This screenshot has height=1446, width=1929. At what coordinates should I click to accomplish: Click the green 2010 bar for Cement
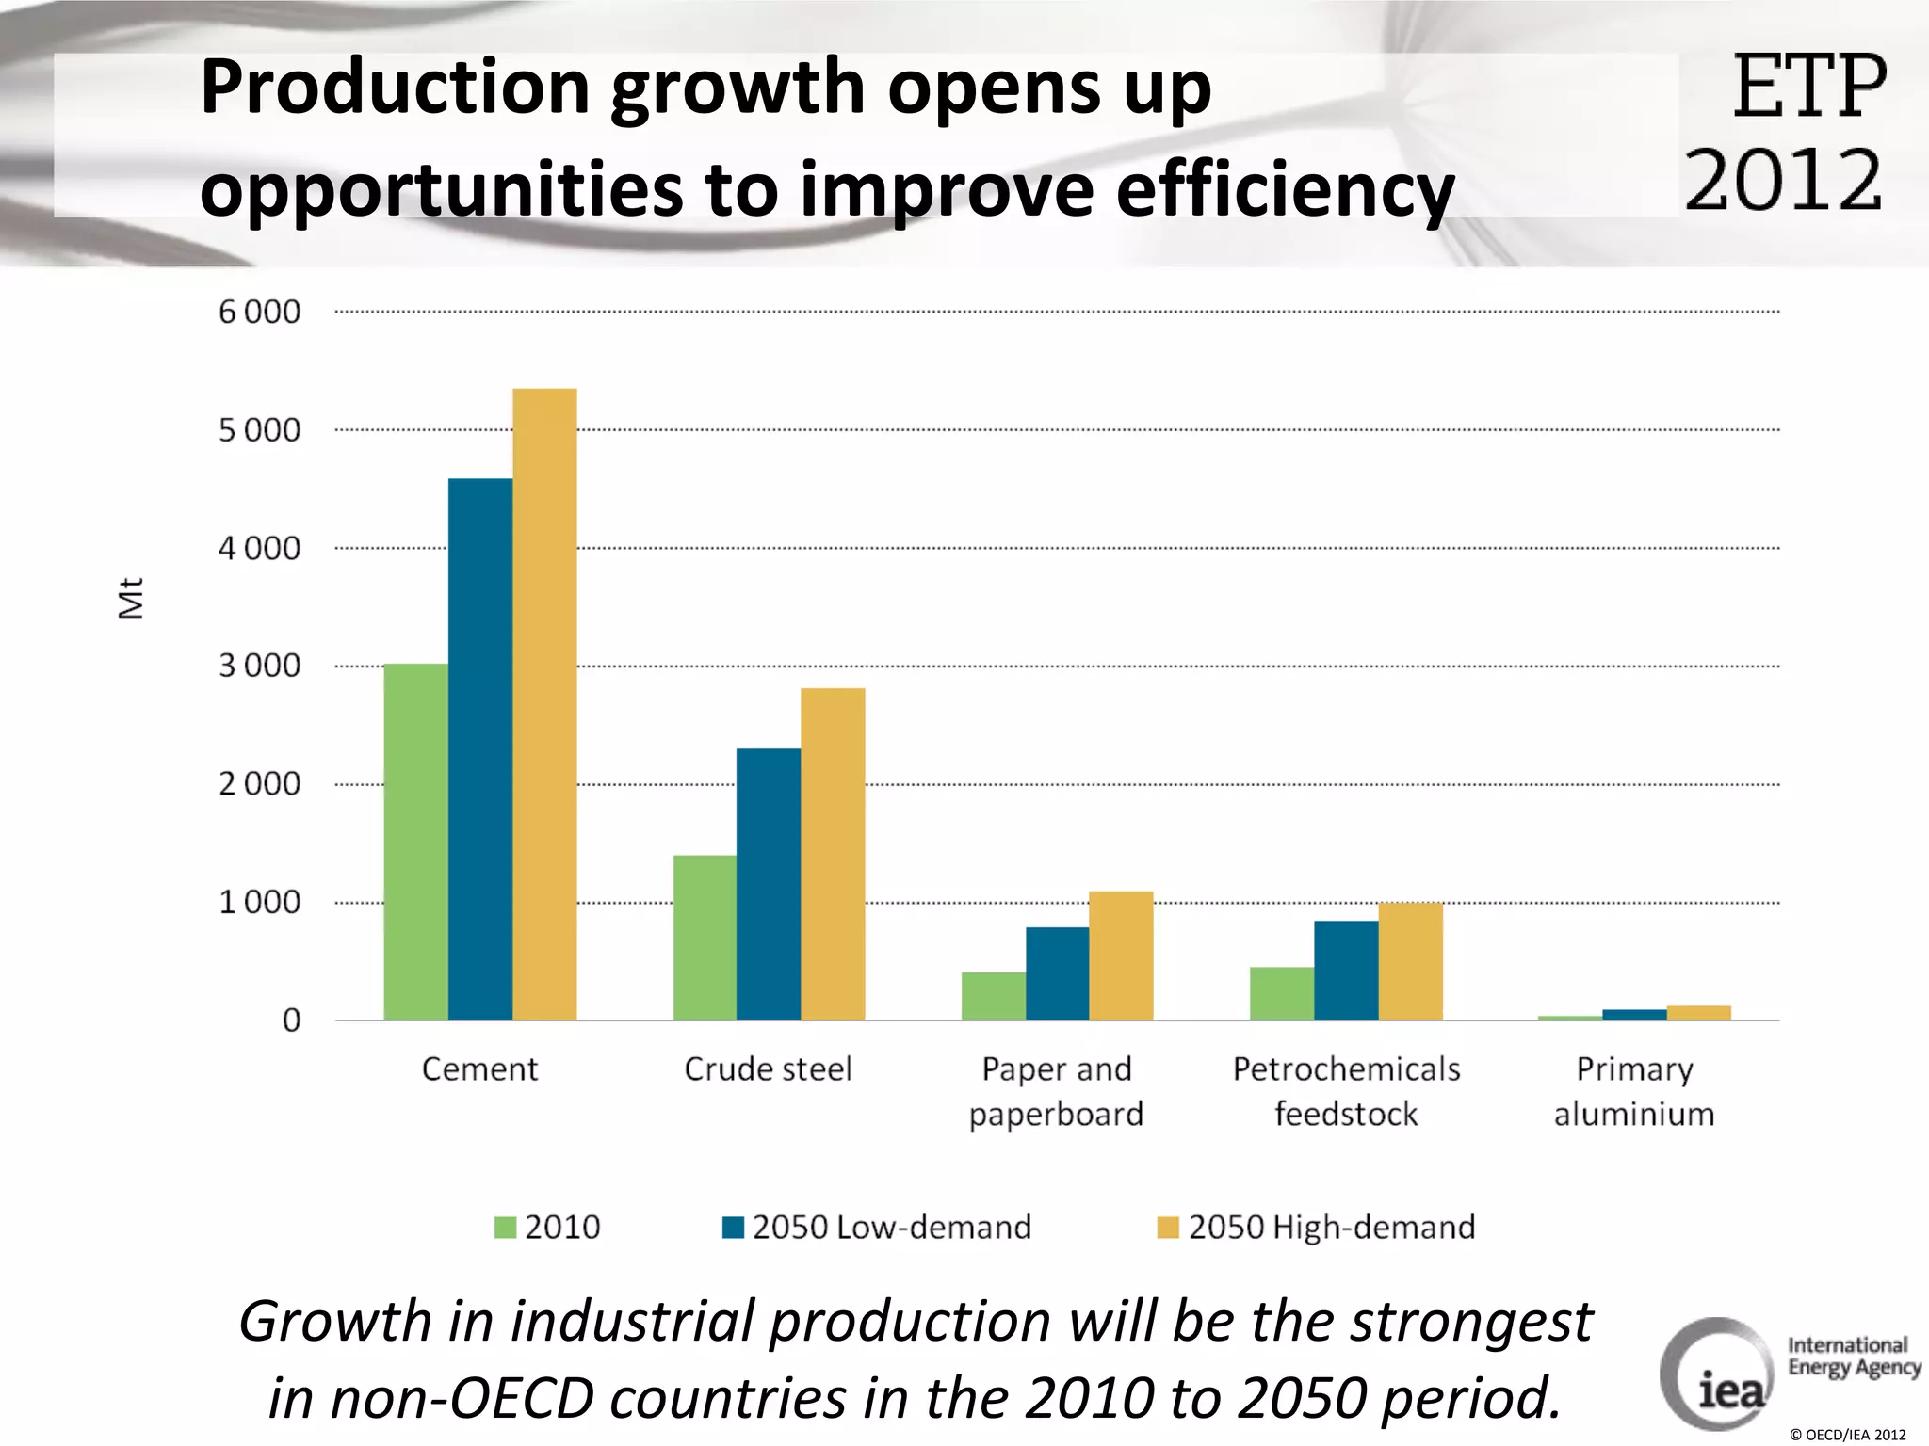coord(415,842)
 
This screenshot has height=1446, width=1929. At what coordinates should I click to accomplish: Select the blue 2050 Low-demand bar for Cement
coord(480,749)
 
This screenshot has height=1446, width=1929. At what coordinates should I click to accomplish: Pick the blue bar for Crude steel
coord(769,884)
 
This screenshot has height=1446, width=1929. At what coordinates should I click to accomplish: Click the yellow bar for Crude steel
coord(833,854)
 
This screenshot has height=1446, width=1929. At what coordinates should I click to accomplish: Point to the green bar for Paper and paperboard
coord(993,996)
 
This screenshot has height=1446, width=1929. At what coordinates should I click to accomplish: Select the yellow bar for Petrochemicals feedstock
coord(1410,961)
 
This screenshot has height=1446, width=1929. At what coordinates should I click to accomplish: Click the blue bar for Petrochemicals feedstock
coord(1346,971)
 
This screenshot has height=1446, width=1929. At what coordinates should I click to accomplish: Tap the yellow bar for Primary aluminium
coord(1698,1013)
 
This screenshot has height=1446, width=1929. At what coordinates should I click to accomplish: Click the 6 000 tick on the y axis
coord(259,312)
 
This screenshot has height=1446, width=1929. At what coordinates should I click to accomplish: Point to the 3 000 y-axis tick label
coord(259,666)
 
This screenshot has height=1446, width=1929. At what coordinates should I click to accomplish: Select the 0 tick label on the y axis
coord(291,1020)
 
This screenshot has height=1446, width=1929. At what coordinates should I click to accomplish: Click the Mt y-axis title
coord(131,598)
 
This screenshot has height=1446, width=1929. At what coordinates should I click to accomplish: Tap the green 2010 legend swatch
coord(506,1228)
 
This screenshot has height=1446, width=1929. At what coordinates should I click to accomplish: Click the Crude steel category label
coord(768,1069)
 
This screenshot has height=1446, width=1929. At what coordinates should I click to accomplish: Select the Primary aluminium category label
coord(1634,1092)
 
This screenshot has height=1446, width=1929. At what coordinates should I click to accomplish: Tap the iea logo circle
coord(1716,1374)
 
